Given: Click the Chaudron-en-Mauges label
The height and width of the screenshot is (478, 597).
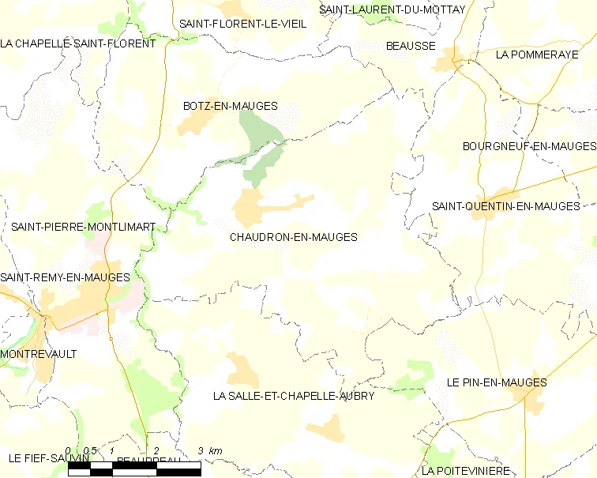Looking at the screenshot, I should coord(293,237).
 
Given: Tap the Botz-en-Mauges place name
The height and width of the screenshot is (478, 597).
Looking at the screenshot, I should coord(230,106).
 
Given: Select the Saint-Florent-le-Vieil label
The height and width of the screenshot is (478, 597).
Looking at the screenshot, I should coord(242,24).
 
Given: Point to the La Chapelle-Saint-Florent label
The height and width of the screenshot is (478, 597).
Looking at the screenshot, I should coord(78,43).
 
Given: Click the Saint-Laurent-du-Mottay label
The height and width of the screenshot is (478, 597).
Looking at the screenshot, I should coord(392,9).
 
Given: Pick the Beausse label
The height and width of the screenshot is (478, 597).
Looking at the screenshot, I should coord(411,46).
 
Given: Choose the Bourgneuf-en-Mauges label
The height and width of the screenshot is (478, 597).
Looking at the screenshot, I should coord(529,146).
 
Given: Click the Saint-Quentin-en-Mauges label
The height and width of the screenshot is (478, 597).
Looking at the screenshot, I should coord(505,206).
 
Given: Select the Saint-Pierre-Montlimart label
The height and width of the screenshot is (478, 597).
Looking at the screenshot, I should coord(83,227).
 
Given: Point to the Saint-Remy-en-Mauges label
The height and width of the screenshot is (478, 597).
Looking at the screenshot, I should coord(65,277).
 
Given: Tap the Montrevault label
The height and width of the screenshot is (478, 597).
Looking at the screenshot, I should coord(39,354).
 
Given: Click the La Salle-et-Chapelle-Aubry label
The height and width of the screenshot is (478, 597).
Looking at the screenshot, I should coord(294,395).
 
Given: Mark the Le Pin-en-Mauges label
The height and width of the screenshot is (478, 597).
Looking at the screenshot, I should coord(496,382).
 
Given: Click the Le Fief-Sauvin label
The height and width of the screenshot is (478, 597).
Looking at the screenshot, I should coord(43,458).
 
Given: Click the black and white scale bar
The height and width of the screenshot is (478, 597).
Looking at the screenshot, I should coord(134,469).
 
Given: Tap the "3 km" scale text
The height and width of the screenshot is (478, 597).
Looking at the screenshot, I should coord(211,450).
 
